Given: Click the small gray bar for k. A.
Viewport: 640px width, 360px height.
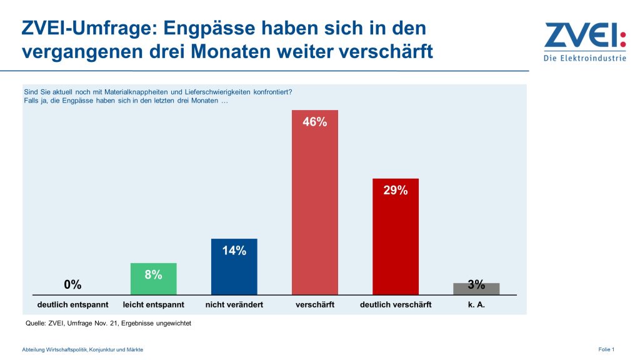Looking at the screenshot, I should tap(476, 289).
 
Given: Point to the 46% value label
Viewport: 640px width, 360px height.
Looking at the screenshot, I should tap(315, 122).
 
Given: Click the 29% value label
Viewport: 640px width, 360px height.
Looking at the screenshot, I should tap(396, 191).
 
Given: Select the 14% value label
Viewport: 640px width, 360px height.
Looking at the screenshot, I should tap(234, 251).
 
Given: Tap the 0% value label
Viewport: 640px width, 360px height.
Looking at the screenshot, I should tap(72, 285).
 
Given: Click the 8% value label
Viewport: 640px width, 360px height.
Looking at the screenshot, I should tap(153, 274).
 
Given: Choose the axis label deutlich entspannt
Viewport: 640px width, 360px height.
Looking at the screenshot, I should tap(72, 305).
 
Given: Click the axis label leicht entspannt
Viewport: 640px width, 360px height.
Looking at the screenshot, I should tap(153, 305).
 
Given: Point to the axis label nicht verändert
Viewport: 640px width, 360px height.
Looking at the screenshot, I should tap(234, 305).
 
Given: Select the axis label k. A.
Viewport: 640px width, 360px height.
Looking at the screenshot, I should tap(476, 305).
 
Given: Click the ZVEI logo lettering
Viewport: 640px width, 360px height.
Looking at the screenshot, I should tap(584, 36).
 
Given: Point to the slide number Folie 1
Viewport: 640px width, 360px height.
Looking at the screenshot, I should tap(606, 349).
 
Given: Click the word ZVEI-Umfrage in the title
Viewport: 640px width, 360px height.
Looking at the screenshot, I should tap(88, 28).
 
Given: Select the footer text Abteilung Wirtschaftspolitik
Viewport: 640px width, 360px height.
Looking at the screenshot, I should tap(82, 349).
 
